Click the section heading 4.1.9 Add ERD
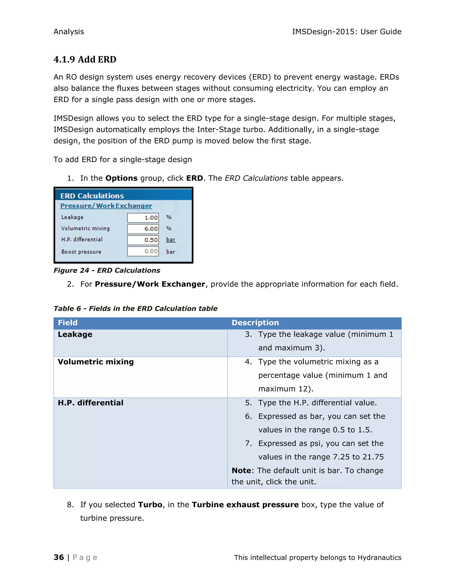point(85,59)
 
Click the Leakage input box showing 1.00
point(143,217)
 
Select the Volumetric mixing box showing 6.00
point(143,229)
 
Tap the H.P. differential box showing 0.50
point(143,240)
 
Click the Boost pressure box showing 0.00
point(143,251)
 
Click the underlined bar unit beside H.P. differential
point(171,240)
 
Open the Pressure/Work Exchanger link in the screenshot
point(106,206)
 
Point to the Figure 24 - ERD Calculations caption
point(107,270)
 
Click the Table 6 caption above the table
point(135,309)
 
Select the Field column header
point(68,323)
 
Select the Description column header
point(255,323)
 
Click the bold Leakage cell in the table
point(75,334)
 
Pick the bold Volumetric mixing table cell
point(96,362)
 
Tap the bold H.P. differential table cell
point(91,403)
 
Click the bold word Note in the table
point(241,470)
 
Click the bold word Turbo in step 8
point(150,505)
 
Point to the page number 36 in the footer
point(59,557)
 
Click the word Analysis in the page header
point(69,32)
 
